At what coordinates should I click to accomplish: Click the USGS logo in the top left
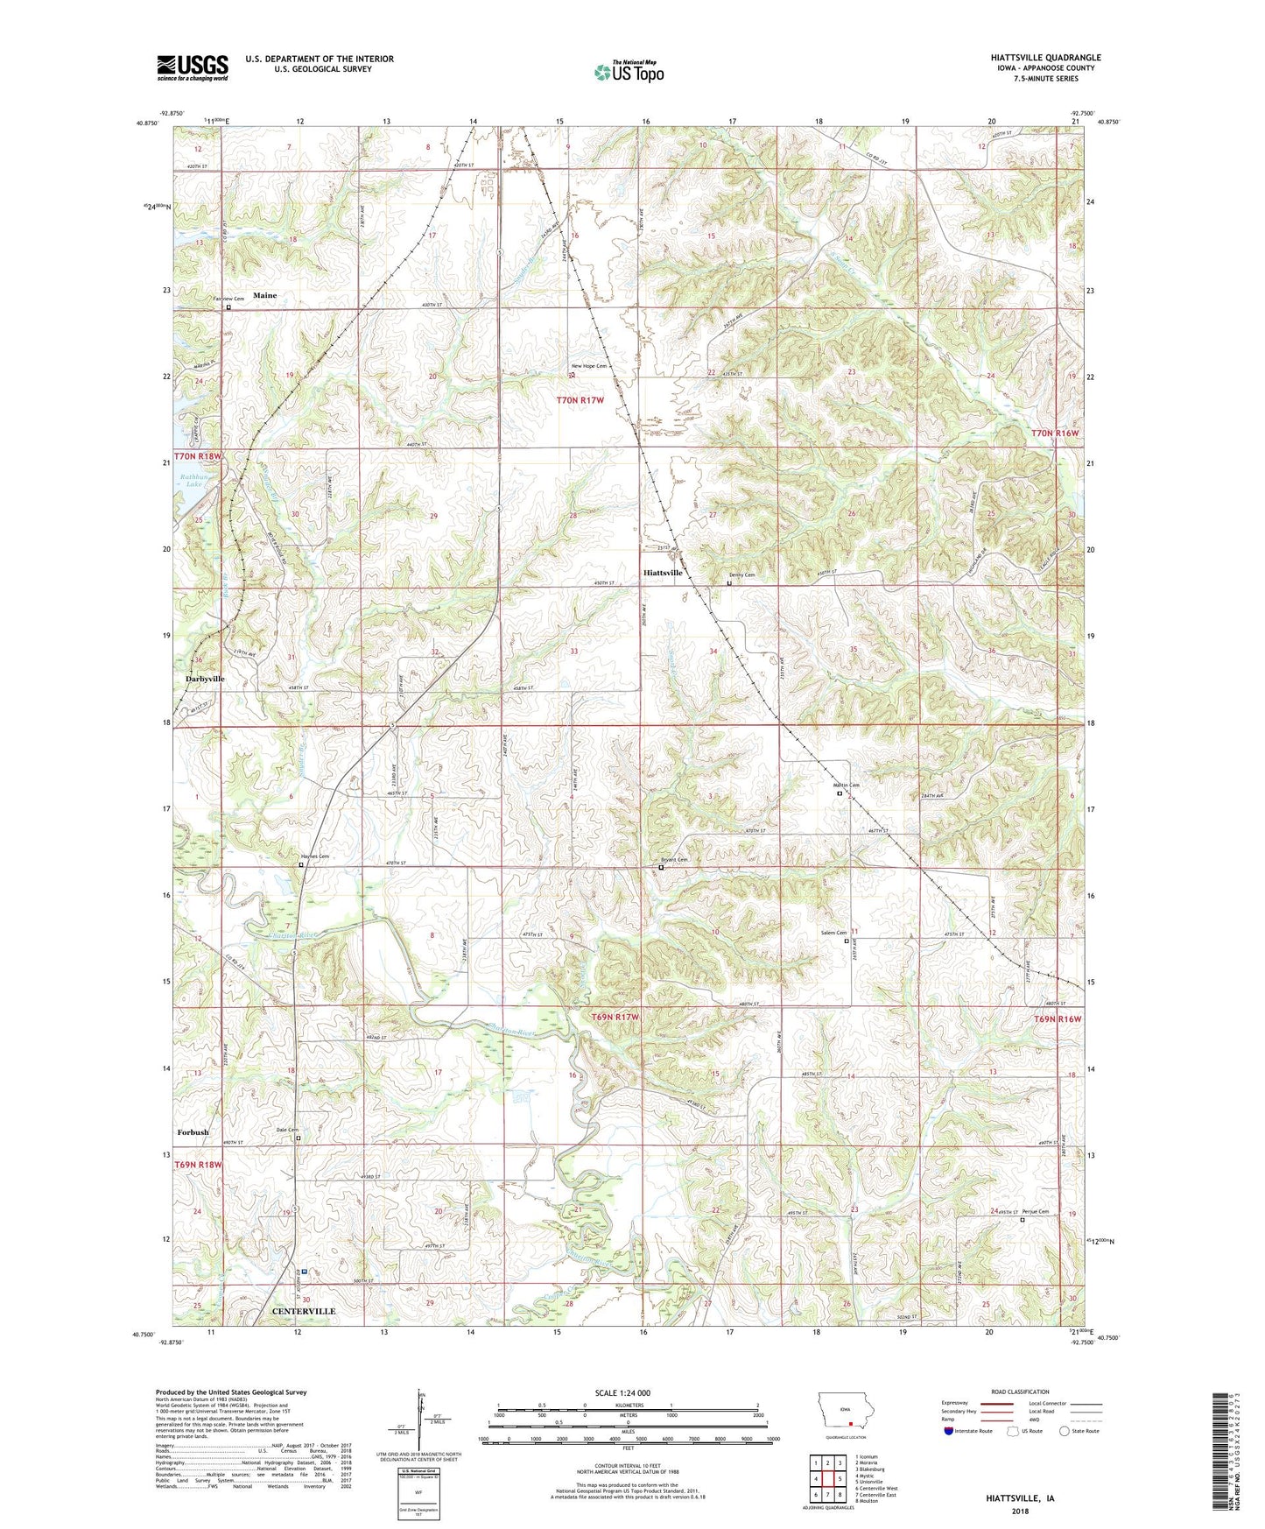(193, 67)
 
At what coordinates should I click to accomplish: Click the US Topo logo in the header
(628, 73)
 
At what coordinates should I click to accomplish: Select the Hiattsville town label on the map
(663, 573)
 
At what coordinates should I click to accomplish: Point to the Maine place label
(264, 295)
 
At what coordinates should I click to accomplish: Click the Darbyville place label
(205, 679)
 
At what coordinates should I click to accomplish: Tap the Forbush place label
(193, 1132)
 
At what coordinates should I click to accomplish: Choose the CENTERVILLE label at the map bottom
(304, 1311)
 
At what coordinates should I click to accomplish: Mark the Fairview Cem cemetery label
(229, 299)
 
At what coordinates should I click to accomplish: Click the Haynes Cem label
(314, 856)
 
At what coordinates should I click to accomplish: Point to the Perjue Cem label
(1035, 1212)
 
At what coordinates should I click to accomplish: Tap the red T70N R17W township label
(580, 399)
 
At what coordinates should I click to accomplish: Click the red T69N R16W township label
(1058, 1019)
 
